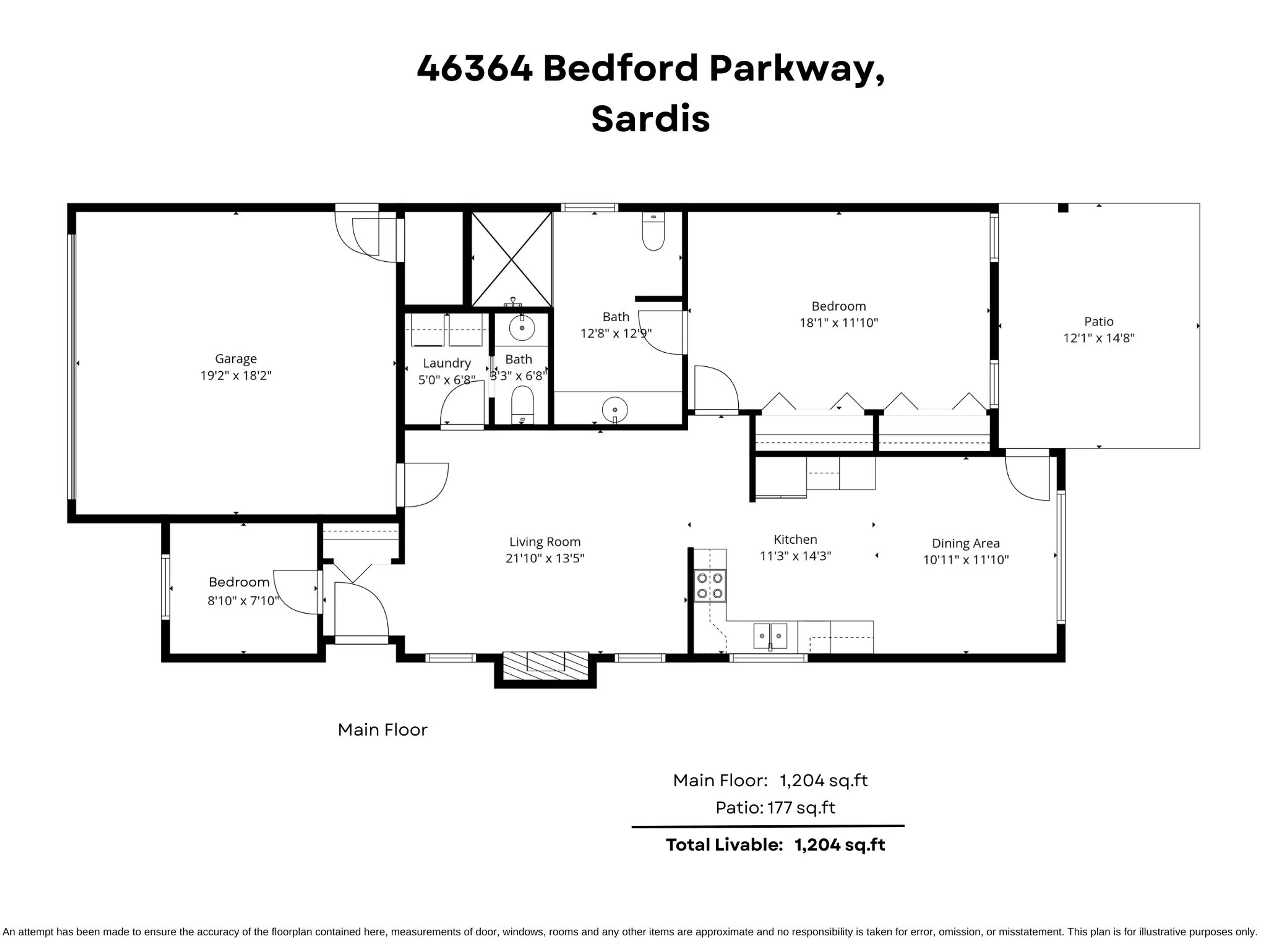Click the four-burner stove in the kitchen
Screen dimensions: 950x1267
click(x=710, y=586)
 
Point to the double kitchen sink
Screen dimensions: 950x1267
click(x=770, y=636)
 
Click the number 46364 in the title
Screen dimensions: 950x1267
click(x=474, y=68)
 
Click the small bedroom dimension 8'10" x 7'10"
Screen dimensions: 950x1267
click(x=243, y=601)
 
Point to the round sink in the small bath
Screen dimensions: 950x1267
click(x=521, y=328)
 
